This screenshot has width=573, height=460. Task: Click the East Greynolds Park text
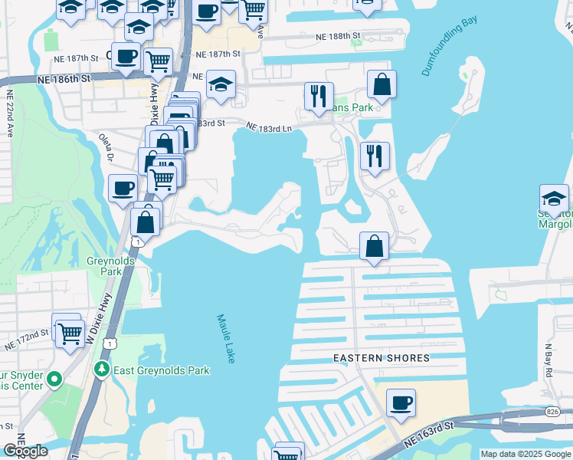(161, 371)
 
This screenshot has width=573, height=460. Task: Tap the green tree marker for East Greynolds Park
(101, 370)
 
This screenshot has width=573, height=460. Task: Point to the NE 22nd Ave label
(11, 113)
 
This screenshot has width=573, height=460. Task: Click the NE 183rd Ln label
(270, 128)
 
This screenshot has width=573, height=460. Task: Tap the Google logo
(25, 451)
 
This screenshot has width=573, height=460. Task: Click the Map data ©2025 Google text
(526, 454)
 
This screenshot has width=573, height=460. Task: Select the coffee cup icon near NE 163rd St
(401, 402)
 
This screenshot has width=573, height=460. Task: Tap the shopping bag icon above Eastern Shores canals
(374, 247)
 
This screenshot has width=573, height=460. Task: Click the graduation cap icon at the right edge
(555, 199)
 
